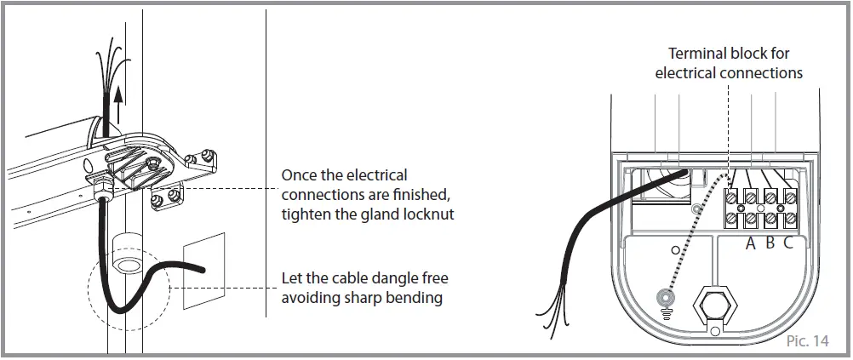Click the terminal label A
tap(751, 243)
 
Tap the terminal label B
tap(770, 243)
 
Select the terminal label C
tap(788, 243)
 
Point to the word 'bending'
tap(419, 298)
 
